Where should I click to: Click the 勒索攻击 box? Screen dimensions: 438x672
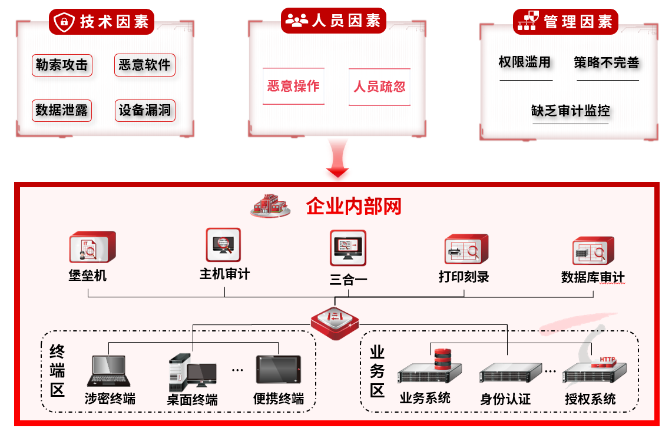tap(62, 65)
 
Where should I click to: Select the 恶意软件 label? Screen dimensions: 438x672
tap(144, 65)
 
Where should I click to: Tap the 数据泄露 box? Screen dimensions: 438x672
tap(62, 110)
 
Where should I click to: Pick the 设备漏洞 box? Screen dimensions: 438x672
tap(144, 110)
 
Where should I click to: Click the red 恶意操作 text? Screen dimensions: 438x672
tap(293, 87)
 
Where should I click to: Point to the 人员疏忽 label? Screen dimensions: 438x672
tap(379, 87)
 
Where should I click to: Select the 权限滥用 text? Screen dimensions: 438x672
tap(525, 62)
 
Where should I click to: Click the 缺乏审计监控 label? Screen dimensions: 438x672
tap(570, 111)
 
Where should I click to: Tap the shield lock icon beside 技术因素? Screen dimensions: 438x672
tap(64, 22)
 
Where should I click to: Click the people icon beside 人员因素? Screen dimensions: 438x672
tap(296, 21)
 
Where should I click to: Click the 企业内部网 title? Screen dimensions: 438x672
tap(354, 207)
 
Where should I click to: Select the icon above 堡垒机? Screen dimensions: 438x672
tap(91, 247)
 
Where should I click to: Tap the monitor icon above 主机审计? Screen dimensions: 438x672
tap(223, 245)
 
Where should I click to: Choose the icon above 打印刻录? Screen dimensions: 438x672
tap(466, 250)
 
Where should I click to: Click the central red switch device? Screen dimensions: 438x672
tap(335, 322)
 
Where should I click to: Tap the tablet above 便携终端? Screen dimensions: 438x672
tap(279, 370)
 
